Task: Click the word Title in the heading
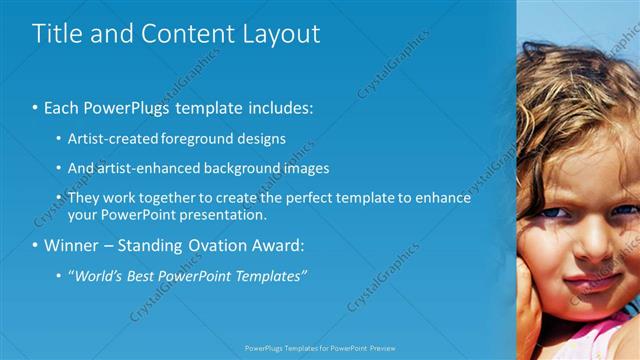click(57, 33)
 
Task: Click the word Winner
click(74, 245)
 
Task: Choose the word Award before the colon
click(280, 245)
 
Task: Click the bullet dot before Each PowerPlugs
click(35, 107)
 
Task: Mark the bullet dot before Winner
click(35, 245)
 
